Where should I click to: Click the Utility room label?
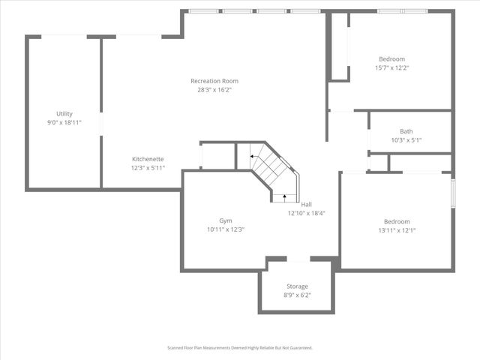(64, 114)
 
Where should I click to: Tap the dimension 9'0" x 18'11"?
(64, 122)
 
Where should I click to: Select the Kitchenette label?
(148, 159)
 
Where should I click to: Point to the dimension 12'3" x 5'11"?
(148, 168)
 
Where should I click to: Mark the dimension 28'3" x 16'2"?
(214, 90)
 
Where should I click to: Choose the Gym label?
(225, 220)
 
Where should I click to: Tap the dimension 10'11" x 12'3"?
(225, 229)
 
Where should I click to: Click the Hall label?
(306, 204)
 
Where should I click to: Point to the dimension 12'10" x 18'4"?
(306, 213)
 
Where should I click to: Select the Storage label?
(297, 286)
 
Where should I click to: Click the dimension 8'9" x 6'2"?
(297, 295)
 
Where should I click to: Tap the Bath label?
(406, 131)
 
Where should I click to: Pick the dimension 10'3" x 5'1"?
(406, 140)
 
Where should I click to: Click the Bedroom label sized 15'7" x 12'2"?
(391, 59)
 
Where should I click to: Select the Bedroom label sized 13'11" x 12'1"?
(397, 221)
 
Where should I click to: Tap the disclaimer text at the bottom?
(239, 348)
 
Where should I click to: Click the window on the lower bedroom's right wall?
(452, 191)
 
